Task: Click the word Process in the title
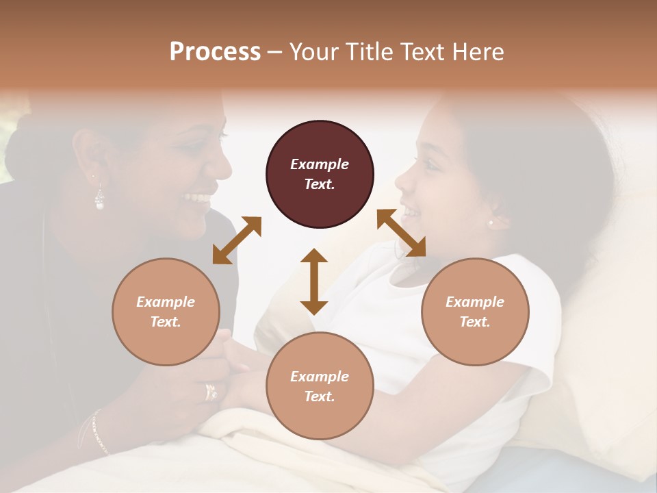[x=215, y=52]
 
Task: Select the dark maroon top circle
[x=320, y=174]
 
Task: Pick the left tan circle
[x=166, y=312]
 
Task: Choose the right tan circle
[x=475, y=312]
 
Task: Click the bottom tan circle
[x=320, y=386]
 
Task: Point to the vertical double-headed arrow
[x=314, y=281]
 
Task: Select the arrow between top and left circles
[x=237, y=240]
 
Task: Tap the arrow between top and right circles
[x=401, y=233]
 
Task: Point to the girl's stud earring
[x=491, y=223]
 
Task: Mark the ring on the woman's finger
[x=211, y=392]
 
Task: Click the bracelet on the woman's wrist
[x=99, y=431]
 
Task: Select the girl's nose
[x=400, y=181]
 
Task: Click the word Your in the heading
[x=312, y=52]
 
